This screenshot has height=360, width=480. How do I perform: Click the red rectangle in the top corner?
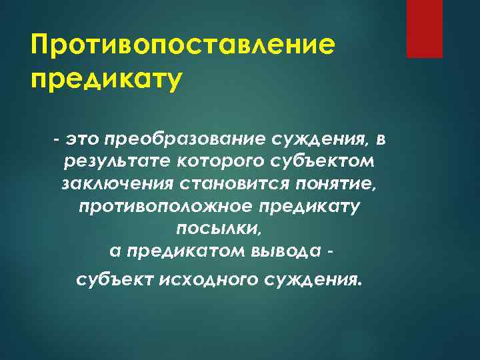click(x=425, y=29)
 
